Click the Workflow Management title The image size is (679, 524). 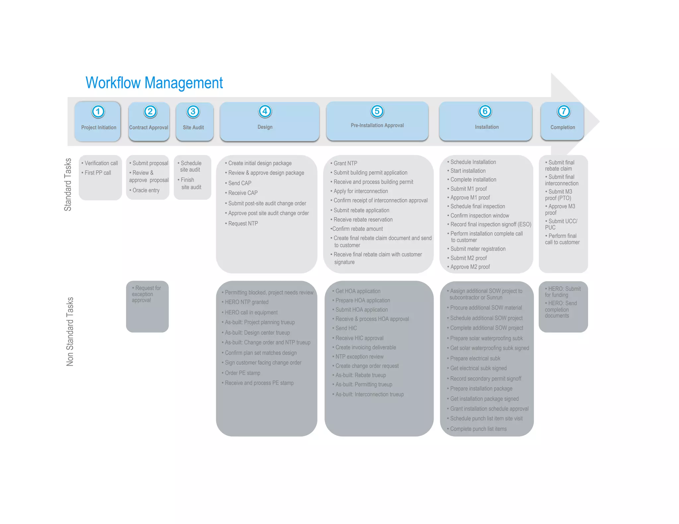pos(154,83)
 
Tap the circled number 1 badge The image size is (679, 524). pos(98,111)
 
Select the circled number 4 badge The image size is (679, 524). pos(265,111)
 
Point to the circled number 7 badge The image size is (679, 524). pos(563,111)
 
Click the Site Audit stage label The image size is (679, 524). pos(193,128)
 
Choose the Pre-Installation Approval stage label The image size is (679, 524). pos(377,126)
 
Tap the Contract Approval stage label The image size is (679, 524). pos(149,128)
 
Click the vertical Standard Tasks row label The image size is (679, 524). pos(68,184)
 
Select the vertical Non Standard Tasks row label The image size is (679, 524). pos(70,331)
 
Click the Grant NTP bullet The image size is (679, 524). pos(345,163)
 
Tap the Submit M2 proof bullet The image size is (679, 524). pos(468,258)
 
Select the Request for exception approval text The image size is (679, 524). pos(146,294)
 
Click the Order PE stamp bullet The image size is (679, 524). pos(242,373)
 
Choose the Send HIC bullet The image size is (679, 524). pos(346,328)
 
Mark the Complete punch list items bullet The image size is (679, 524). pos(478,429)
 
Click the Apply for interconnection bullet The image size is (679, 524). pos(360,191)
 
